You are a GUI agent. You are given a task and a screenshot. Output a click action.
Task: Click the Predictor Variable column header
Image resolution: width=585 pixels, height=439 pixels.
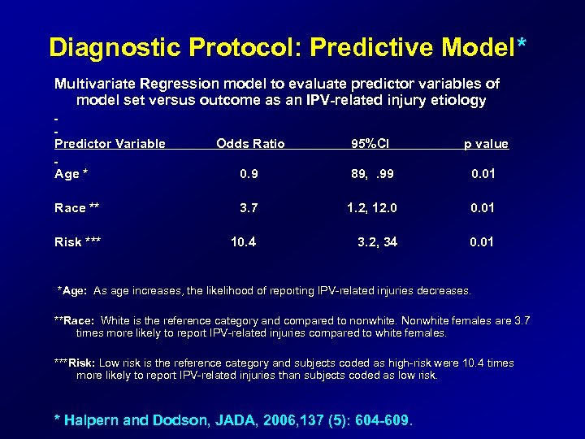point(110,144)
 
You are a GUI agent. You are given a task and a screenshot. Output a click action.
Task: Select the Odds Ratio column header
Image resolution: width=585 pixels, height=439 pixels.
point(250,144)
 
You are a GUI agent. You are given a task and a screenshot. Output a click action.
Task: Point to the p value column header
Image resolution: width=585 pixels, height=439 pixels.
point(486,144)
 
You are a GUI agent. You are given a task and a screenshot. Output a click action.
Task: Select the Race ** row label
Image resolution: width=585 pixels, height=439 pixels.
point(76,208)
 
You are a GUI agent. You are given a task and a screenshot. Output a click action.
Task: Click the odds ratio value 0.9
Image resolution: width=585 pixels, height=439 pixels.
point(249,174)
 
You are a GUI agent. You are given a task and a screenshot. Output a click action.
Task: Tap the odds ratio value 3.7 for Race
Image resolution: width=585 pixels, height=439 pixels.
point(249,208)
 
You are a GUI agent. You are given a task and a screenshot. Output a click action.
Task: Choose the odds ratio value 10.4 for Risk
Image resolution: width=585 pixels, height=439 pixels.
point(244,241)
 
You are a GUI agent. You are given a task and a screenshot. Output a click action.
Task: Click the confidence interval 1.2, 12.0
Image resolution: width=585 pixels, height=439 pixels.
point(371,208)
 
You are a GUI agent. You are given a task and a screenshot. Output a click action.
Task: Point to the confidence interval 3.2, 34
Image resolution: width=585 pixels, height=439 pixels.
point(377,241)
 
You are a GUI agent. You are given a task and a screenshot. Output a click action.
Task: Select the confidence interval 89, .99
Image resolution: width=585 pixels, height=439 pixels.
point(371,174)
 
